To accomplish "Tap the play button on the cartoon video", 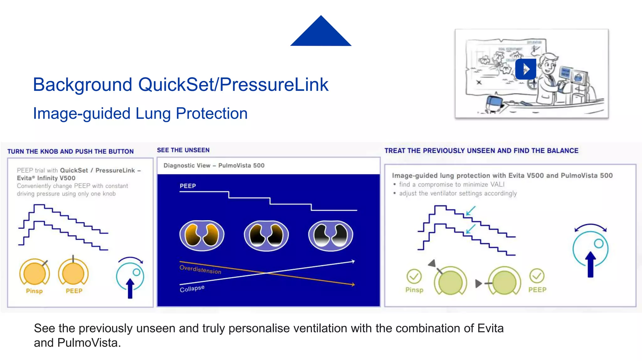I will pos(526,69).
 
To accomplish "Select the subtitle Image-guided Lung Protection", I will pos(140,113).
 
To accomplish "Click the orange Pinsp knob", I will pos(34,273).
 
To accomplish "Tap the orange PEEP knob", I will pos(73,273).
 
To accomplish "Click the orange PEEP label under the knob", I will pos(74,291).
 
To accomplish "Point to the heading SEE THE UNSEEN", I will pos(183,150).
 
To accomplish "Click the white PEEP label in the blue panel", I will pos(187,186).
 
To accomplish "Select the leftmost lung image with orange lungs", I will pos(202,236).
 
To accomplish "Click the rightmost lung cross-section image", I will pos(330,236).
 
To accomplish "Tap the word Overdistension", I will pos(200,269).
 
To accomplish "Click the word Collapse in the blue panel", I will pos(192,289).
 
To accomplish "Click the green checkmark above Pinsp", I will pos(414,276).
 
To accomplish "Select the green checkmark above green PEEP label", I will pos(537,276).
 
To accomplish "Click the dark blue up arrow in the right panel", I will pos(591,265).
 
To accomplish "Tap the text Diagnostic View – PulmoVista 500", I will pos(214,165).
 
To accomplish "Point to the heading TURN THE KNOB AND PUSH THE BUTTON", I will pos(71,151).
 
